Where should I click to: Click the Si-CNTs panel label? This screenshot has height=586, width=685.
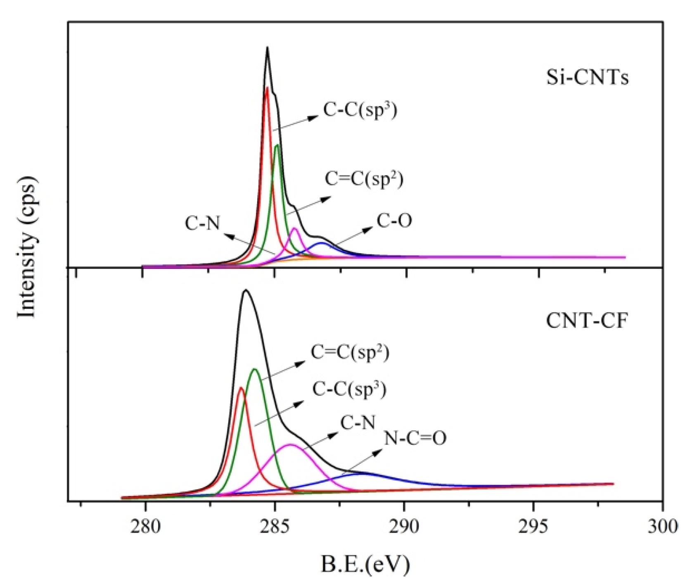coord(587,77)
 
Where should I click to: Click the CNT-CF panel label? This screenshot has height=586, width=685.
coord(586,320)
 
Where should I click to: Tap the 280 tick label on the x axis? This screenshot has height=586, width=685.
coord(145,527)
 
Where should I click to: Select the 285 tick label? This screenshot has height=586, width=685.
coord(275,527)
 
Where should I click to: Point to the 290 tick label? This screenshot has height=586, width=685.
coord(404,527)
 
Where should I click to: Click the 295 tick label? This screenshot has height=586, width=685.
coord(533,527)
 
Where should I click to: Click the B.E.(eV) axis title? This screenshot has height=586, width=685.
coord(365,564)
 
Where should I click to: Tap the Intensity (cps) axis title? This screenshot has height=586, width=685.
coord(27,247)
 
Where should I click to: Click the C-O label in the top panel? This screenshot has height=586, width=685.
coord(394,221)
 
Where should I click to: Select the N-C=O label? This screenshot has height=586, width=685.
coord(415,438)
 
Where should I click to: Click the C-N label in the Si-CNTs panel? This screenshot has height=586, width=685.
coord(202,223)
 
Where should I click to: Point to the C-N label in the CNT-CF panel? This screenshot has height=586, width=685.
coord(358,422)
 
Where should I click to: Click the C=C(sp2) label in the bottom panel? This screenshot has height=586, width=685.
coord(350,353)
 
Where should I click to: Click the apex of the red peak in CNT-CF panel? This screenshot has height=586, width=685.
coord(241,387)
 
